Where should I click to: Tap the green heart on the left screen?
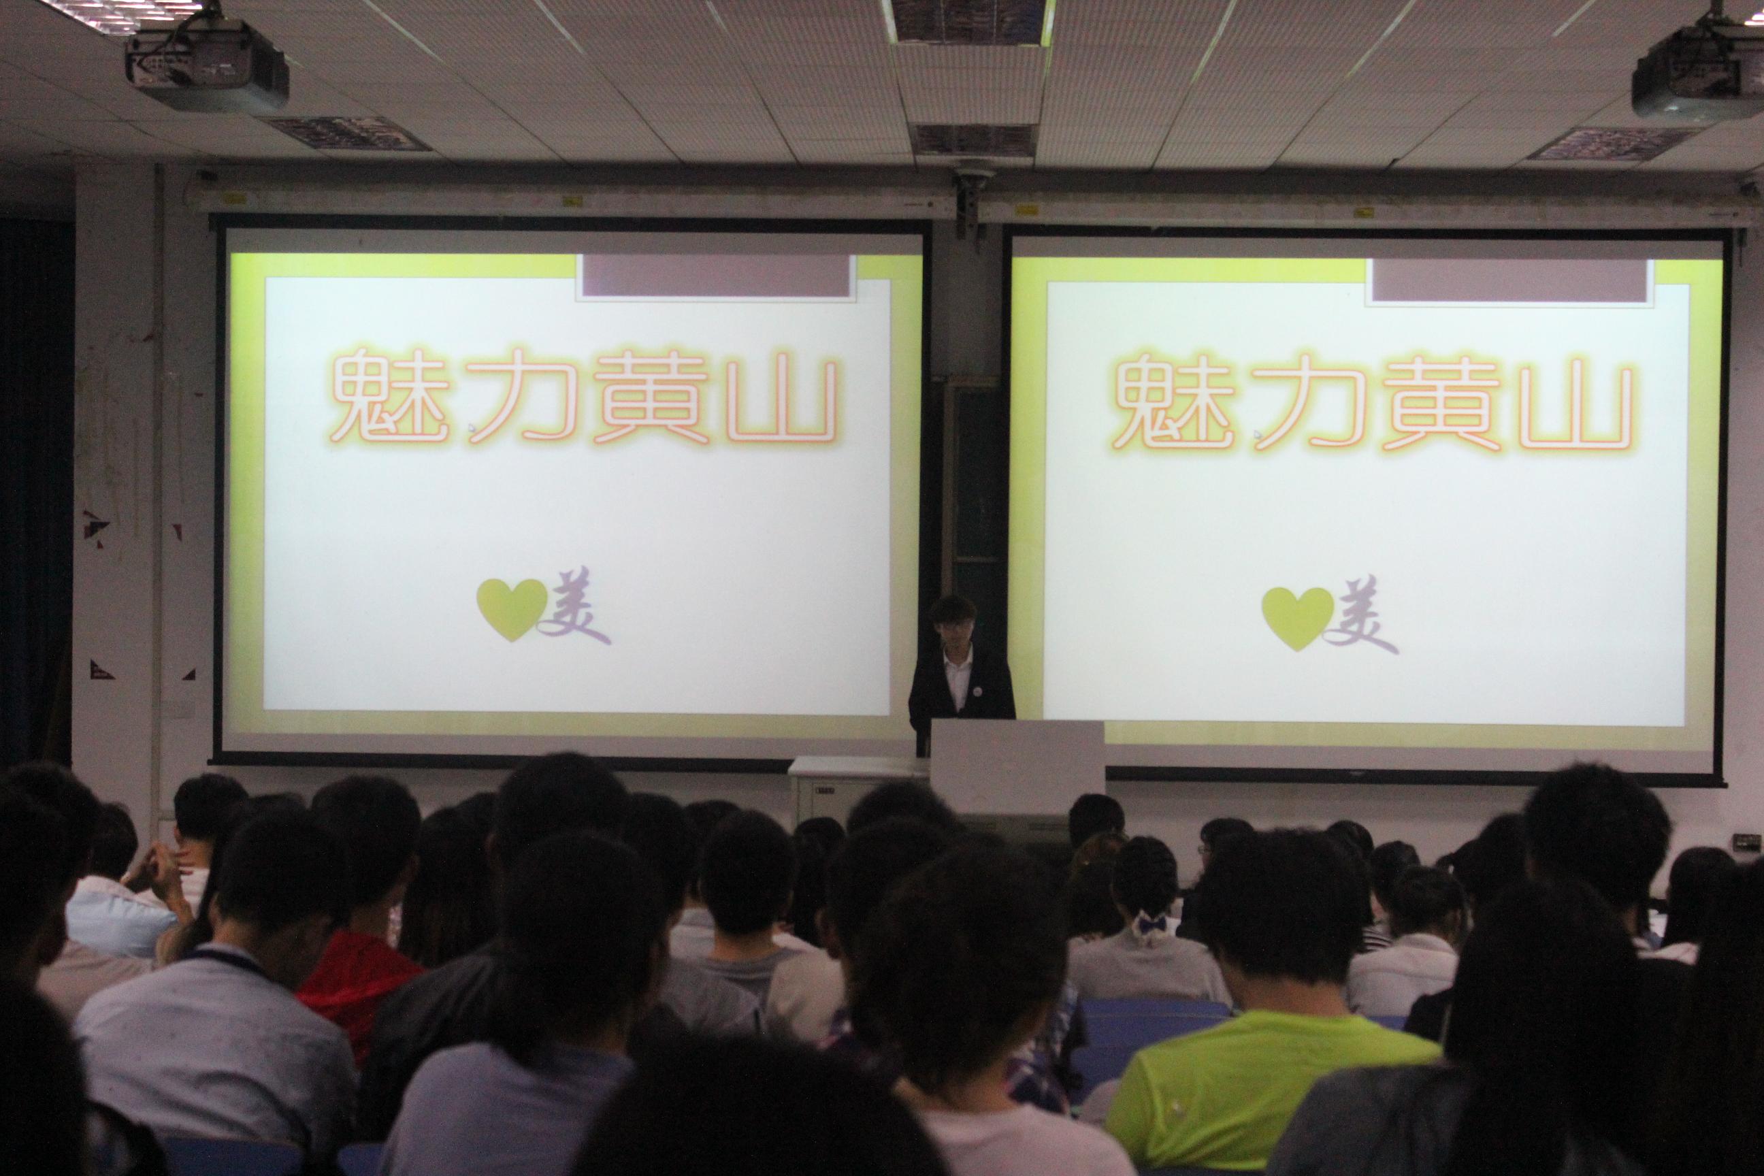[512, 609]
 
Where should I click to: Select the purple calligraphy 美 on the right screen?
[1361, 615]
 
